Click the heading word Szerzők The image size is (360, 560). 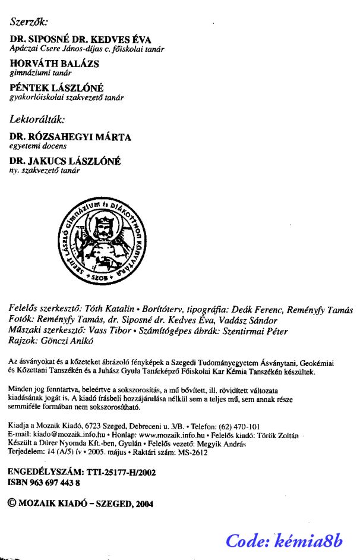coord(29,22)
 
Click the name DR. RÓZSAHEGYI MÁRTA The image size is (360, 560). coord(71,137)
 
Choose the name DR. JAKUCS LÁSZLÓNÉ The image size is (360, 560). coord(65,161)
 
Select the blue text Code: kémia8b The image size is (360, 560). coord(285,540)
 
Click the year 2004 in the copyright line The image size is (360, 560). coord(144,503)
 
